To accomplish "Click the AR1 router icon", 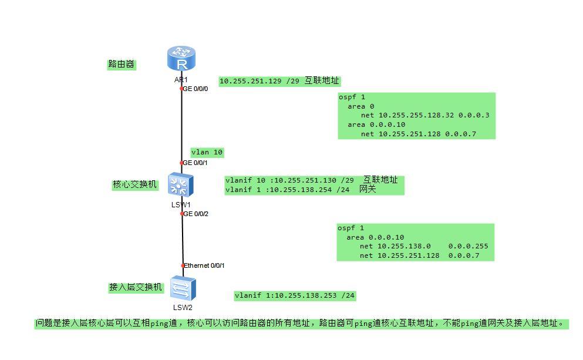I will click(181, 60).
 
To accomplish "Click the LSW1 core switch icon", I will click(181, 186).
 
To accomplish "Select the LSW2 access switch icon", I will click(183, 289).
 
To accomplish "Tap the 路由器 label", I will click(121, 64).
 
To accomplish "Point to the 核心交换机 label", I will click(136, 184).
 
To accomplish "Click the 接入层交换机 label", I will click(134, 287).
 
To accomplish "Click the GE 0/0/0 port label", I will click(196, 89).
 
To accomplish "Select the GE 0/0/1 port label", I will click(196, 163).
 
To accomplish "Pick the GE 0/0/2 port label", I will click(196, 214).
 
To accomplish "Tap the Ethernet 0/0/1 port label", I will click(204, 265).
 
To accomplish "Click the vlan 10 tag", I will click(207, 152).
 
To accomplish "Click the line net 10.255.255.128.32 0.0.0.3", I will click(425, 115).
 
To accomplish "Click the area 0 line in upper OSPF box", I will click(360, 106).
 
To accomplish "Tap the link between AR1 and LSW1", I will click(181, 126).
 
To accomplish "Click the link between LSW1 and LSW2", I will click(183, 240).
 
